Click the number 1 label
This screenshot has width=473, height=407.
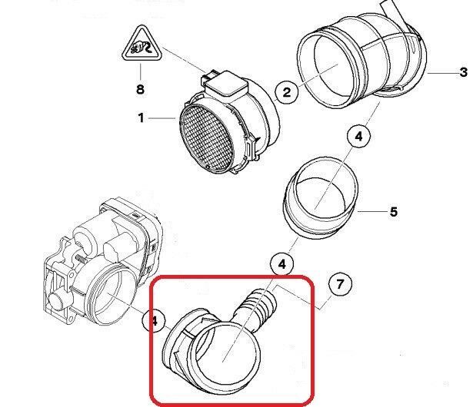[141, 117]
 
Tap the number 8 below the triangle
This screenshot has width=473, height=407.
[140, 90]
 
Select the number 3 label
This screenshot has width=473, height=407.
[464, 73]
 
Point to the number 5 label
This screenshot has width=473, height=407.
[394, 212]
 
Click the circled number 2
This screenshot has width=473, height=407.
[287, 92]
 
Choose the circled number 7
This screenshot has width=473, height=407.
[340, 284]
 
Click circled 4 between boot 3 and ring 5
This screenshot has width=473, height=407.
[358, 137]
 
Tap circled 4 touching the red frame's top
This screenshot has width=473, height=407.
[281, 264]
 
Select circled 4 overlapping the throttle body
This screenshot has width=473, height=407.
[154, 321]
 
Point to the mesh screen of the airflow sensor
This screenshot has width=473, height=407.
[206, 139]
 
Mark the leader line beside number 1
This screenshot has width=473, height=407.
[162, 118]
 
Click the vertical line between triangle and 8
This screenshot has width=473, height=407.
[141, 71]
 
